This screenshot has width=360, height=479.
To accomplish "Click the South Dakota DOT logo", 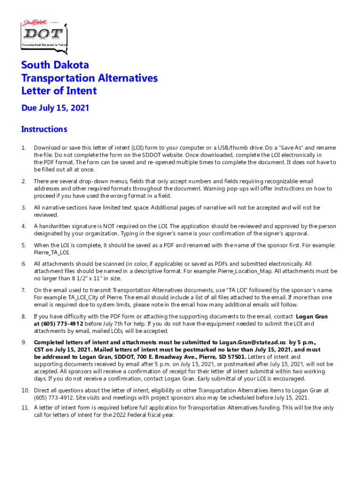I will (x=44, y=34).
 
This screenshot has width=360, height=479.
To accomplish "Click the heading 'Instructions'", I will (x=44, y=129).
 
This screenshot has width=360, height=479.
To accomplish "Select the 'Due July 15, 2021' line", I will (x=55, y=108).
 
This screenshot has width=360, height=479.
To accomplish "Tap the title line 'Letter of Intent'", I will (x=59, y=91).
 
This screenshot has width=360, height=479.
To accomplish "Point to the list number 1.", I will (x=23, y=148).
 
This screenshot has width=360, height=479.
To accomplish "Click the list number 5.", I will (x=23, y=245).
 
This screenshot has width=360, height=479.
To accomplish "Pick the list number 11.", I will (x=25, y=408).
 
